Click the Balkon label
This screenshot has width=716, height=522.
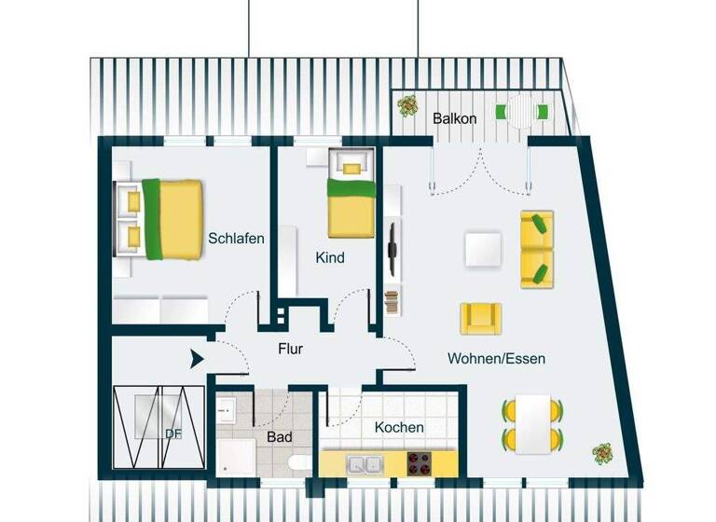455,118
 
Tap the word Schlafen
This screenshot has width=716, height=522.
236,238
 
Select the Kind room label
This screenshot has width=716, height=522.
330,257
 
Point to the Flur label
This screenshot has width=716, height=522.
291,350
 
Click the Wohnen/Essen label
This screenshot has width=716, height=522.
496,358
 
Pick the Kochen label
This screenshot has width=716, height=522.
399,427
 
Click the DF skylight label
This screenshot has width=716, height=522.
172,433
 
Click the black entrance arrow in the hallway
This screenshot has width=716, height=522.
197,359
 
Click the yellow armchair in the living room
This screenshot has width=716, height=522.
481,318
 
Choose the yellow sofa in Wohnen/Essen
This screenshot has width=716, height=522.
536,249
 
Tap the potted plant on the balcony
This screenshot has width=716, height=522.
407,105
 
